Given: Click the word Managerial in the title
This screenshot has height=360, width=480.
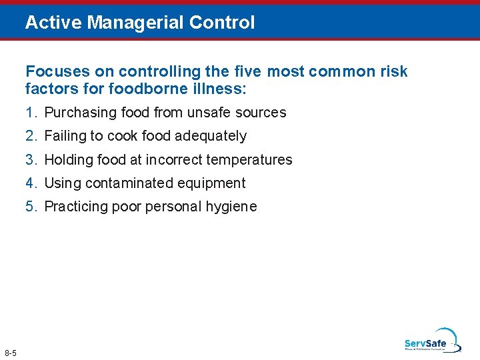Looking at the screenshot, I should coord(136,23).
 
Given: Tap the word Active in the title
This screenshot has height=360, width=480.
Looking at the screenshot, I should coord(54,23).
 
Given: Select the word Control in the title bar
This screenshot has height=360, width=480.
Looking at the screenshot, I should coord(222,23).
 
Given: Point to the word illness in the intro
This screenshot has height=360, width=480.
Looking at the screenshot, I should coord(222,87).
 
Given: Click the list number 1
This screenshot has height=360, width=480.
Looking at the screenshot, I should coord(30,113).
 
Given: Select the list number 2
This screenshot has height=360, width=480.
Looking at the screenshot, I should coord(30,136).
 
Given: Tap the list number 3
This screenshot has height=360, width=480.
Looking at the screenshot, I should coord(30,160).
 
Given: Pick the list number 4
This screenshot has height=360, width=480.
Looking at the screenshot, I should coord(30,183).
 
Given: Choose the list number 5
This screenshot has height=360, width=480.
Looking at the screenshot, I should coord(30,207).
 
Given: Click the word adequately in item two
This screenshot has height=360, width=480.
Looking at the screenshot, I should coord(211,136).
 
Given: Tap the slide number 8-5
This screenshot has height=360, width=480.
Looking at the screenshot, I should coord(11,352).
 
